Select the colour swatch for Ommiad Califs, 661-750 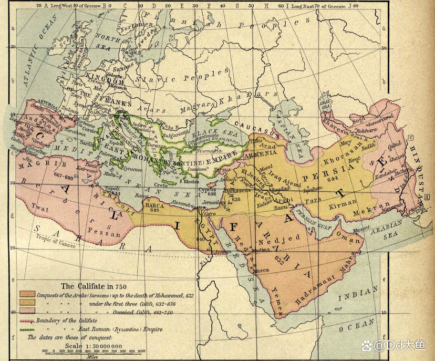click(x=27, y=311)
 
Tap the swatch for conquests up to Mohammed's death click(x=27, y=294)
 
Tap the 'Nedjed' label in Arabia click(x=271, y=239)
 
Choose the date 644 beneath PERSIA click(x=332, y=179)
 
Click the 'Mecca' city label click(x=262, y=269)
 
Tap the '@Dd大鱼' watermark click(x=401, y=345)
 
